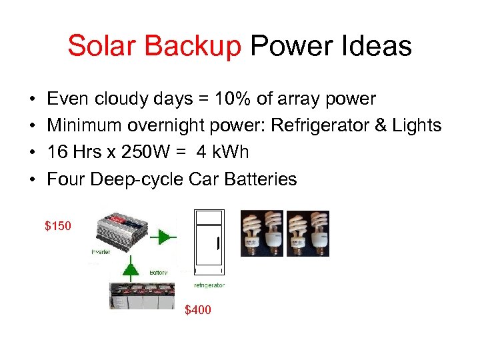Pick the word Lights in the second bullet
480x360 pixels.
419,125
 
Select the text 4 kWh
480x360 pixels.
222,152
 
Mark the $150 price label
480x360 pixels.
57,226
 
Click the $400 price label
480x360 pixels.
197,310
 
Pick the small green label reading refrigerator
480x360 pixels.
209,285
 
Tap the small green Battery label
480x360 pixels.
159,273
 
